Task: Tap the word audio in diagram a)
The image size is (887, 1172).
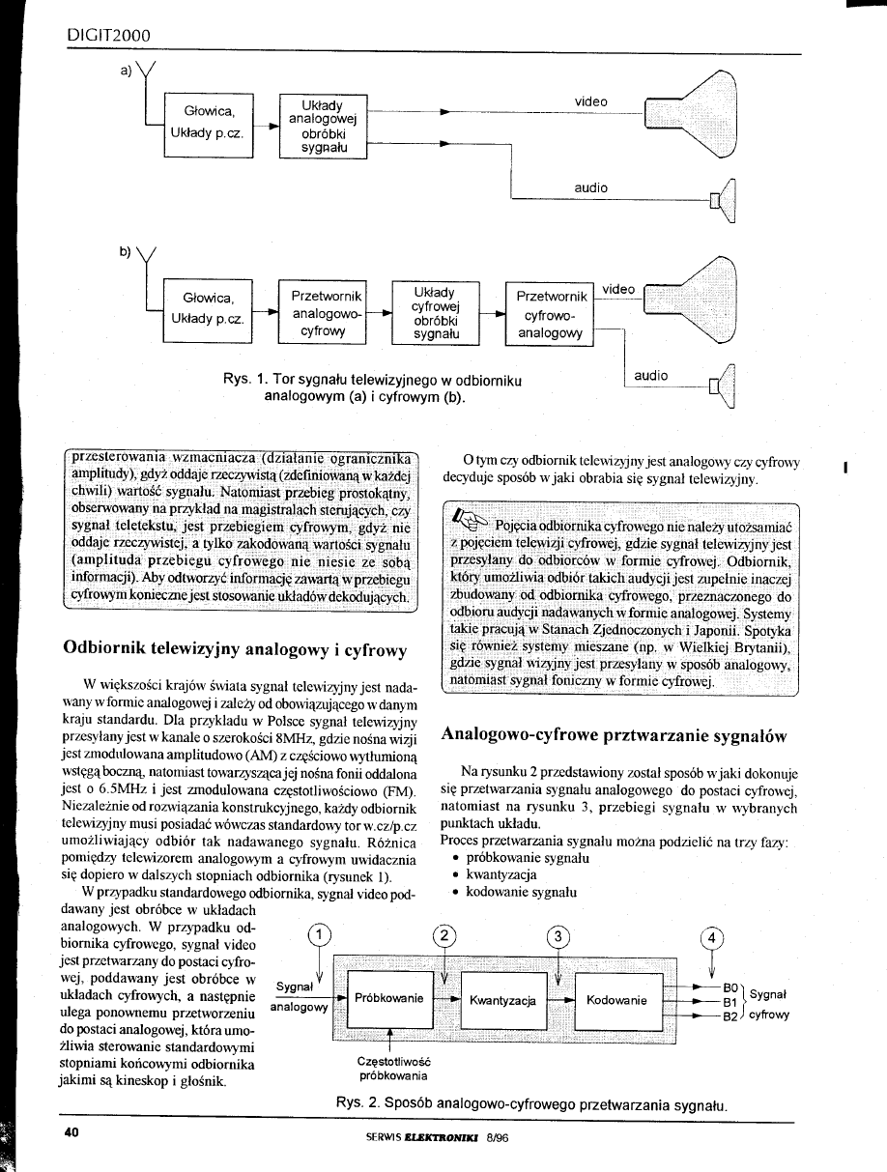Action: point(590,187)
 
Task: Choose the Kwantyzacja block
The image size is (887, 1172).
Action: point(502,998)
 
